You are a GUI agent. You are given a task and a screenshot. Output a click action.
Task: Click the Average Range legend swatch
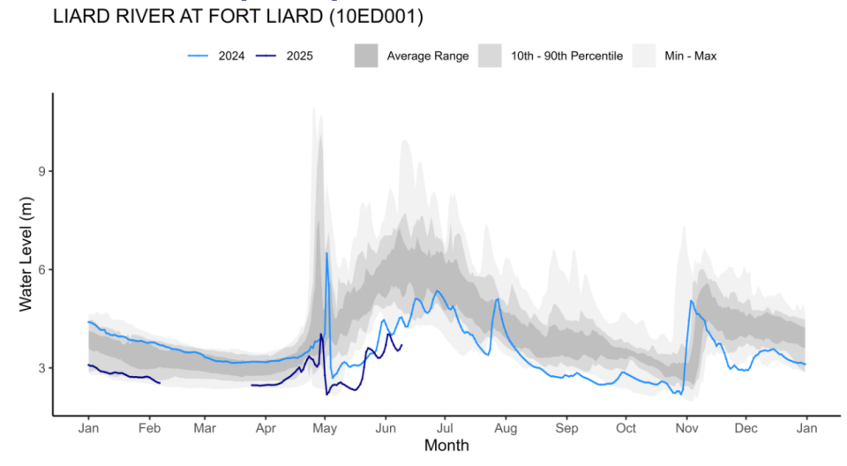pyautogui.click(x=366, y=56)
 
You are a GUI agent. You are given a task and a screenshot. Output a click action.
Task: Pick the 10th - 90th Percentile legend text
pyautogui.click(x=566, y=56)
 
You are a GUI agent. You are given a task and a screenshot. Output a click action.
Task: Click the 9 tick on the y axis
pyautogui.click(x=40, y=171)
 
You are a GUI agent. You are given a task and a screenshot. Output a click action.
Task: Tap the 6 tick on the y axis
pyautogui.click(x=40, y=269)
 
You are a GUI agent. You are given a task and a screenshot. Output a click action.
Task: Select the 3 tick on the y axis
pyautogui.click(x=40, y=368)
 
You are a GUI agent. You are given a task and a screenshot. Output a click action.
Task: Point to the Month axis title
pyautogui.click(x=446, y=446)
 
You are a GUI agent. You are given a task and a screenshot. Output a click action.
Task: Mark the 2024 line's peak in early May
pyautogui.click(x=326, y=254)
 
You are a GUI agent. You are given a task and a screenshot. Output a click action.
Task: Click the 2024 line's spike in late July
pyautogui.click(x=498, y=299)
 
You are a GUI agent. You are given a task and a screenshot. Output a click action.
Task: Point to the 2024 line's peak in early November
pyautogui.click(x=690, y=302)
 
